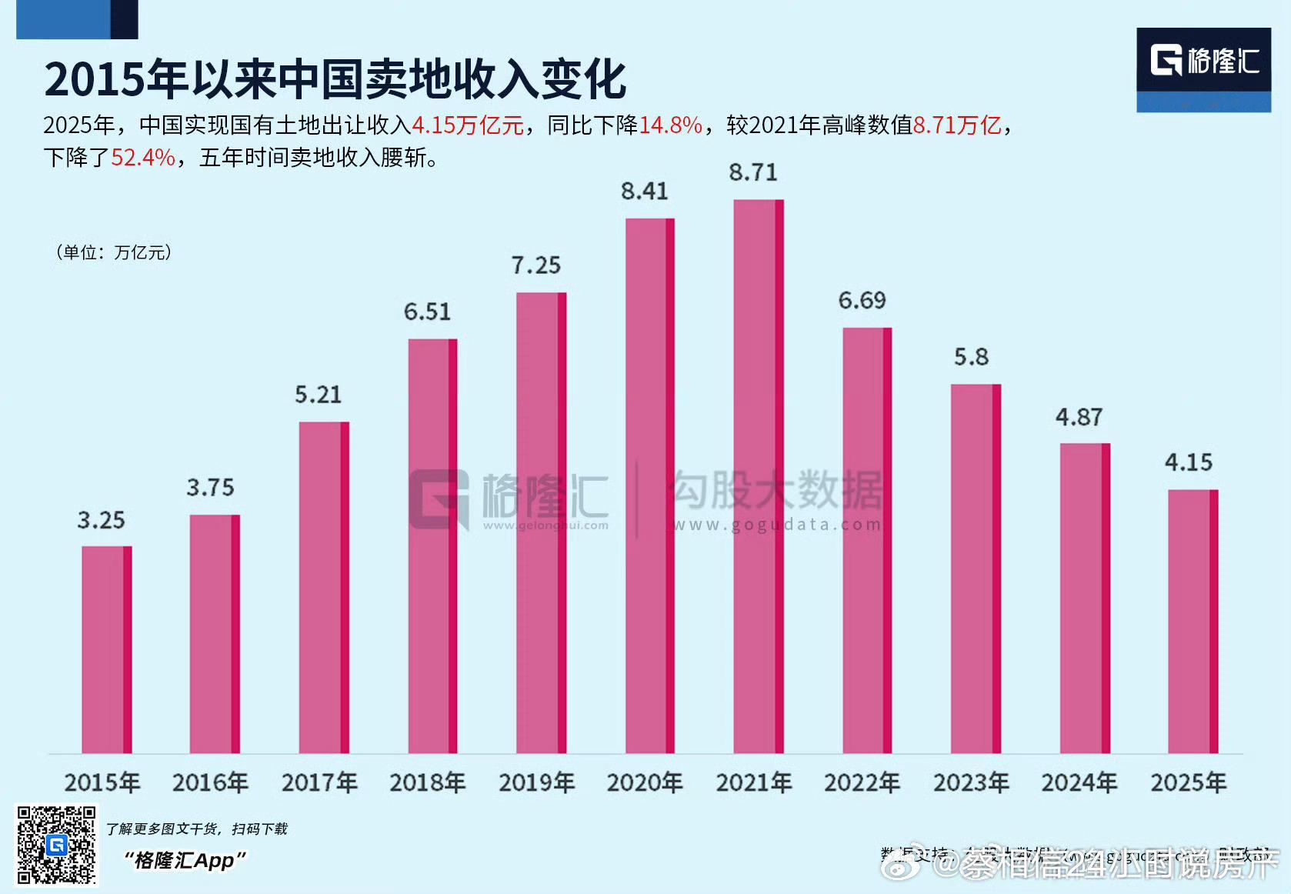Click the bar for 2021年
[x=758, y=477]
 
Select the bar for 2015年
[x=106, y=650]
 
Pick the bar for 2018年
[x=432, y=546]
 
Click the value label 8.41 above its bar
[x=645, y=191]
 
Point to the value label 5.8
[x=971, y=357]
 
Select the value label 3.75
[x=210, y=487]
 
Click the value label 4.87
[x=1079, y=417]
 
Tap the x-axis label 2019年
[x=536, y=782]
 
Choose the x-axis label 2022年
[x=862, y=782]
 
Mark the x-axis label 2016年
[x=210, y=782]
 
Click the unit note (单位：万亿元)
[x=114, y=252]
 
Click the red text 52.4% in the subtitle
[x=143, y=158]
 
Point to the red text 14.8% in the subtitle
[x=671, y=125]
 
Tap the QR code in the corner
[x=56, y=845]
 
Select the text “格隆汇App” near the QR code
[x=185, y=860]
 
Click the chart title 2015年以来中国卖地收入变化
[x=335, y=78]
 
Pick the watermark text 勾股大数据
[x=777, y=490]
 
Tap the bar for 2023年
[x=975, y=569]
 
